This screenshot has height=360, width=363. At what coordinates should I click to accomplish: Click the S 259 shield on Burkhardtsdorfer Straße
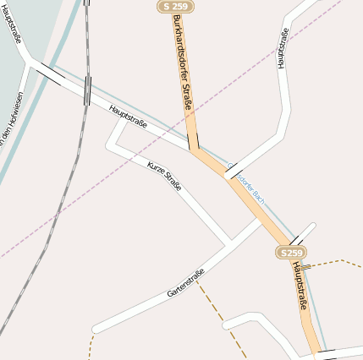[x=174, y=6]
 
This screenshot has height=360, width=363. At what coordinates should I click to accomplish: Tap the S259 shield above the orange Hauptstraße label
[x=291, y=253]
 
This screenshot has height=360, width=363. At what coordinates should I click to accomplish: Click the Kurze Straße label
[x=164, y=175]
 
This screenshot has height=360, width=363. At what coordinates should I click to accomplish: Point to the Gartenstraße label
[x=186, y=282]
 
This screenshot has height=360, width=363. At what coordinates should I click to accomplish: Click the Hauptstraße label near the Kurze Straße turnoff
[x=128, y=117]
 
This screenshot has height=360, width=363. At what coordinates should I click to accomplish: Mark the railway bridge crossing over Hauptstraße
[x=87, y=90]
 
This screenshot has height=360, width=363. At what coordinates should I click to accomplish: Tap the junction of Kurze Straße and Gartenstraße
[x=228, y=243]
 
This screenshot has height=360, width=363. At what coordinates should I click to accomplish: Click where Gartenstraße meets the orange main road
[x=260, y=220]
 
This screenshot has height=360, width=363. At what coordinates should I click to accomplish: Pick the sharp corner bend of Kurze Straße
[x=110, y=145]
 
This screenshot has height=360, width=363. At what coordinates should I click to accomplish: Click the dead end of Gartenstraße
[x=95, y=328]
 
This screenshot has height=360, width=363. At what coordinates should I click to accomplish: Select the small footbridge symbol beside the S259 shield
[x=305, y=265]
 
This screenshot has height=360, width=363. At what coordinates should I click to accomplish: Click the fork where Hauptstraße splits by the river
[x=31, y=63]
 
